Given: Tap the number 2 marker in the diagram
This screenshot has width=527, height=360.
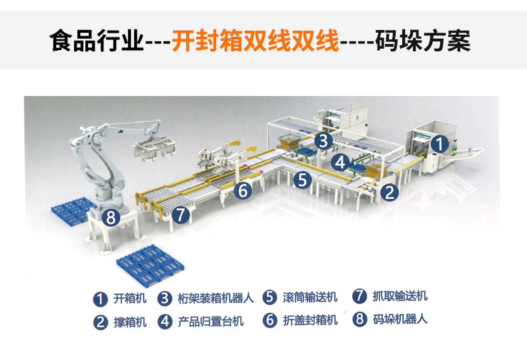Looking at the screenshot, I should tap(390, 193).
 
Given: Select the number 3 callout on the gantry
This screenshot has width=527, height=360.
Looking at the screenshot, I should tap(323, 141).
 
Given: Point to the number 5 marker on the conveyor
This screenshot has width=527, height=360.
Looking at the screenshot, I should tap(304, 179).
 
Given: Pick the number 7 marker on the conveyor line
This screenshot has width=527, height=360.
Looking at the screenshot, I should tap(179, 215).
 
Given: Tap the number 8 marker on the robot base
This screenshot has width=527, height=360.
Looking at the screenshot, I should tap(112, 217).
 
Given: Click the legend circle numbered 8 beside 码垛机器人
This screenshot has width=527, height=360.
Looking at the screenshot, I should tap(360, 319).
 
